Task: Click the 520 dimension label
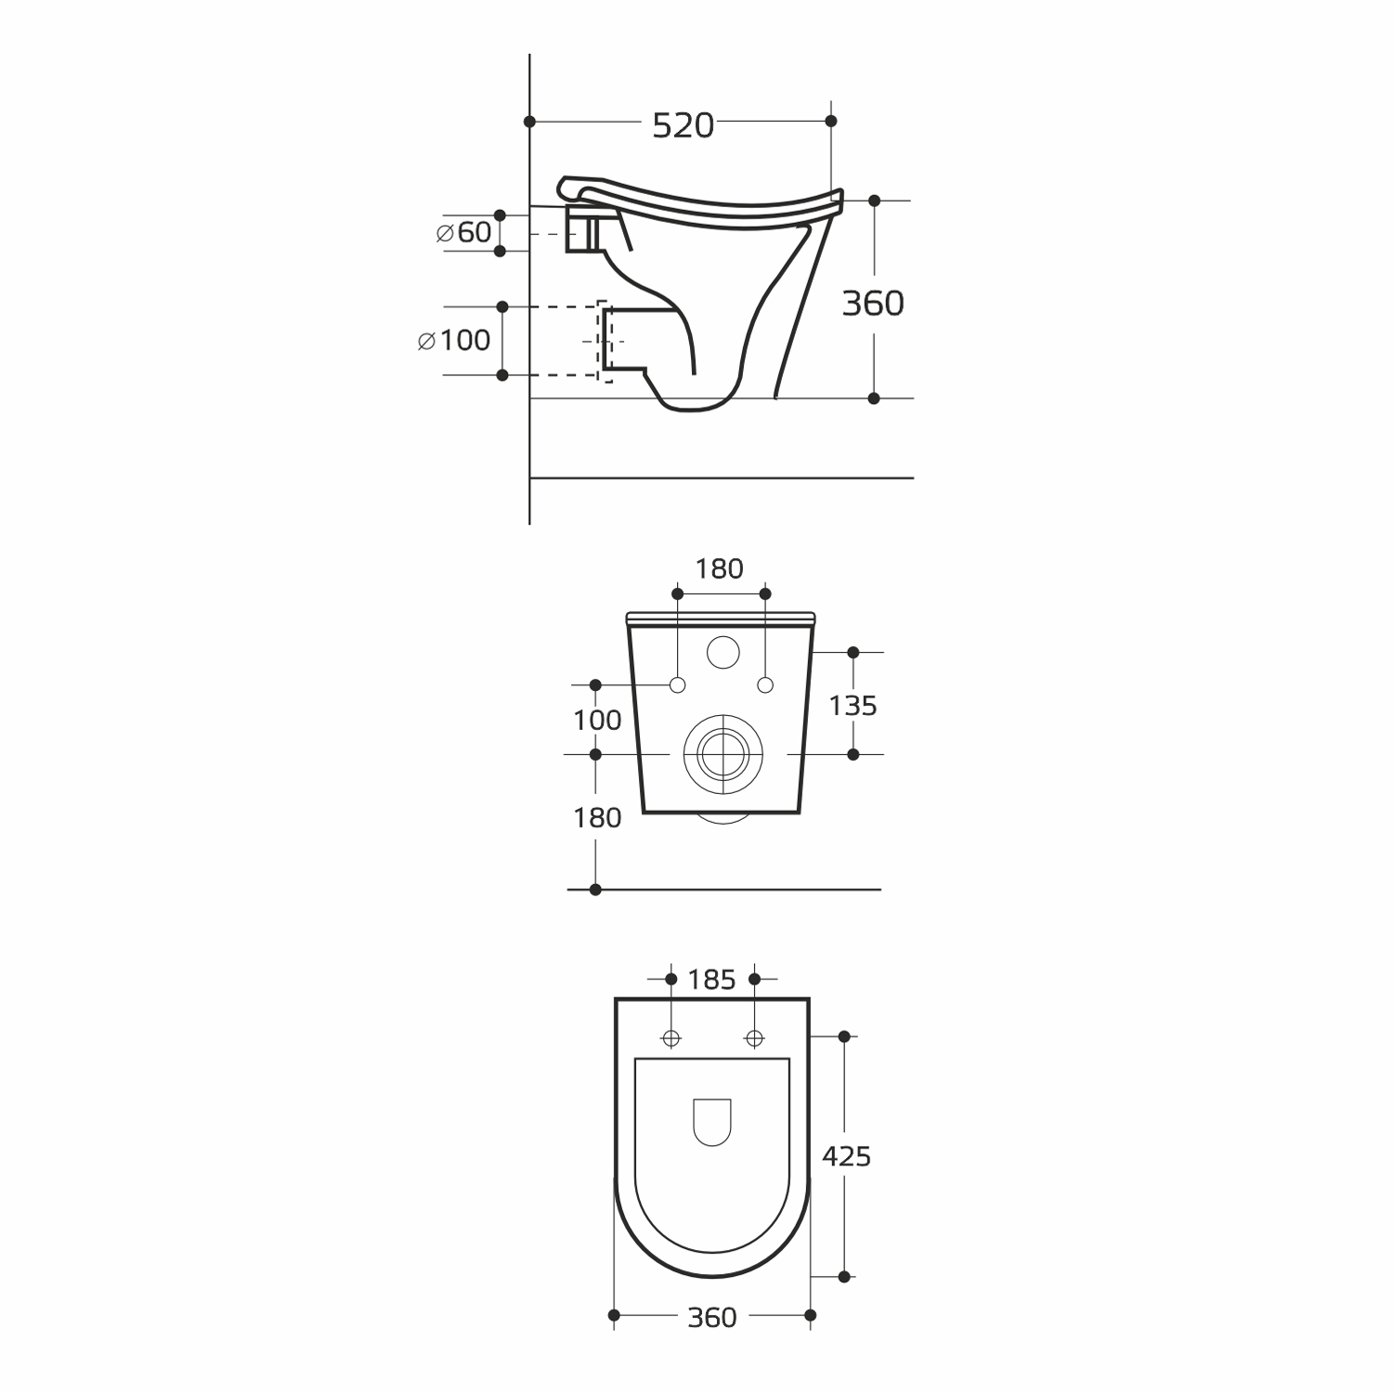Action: tap(683, 125)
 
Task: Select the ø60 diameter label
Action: tap(463, 232)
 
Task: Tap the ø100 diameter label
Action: tap(454, 340)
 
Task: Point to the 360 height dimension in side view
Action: tap(873, 303)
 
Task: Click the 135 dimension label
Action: tap(853, 706)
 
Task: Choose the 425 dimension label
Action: tap(846, 1156)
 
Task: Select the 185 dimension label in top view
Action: tap(712, 980)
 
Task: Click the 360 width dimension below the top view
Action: tap(712, 1317)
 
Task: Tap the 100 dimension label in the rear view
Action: tap(597, 720)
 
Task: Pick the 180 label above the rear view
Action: tap(720, 568)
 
